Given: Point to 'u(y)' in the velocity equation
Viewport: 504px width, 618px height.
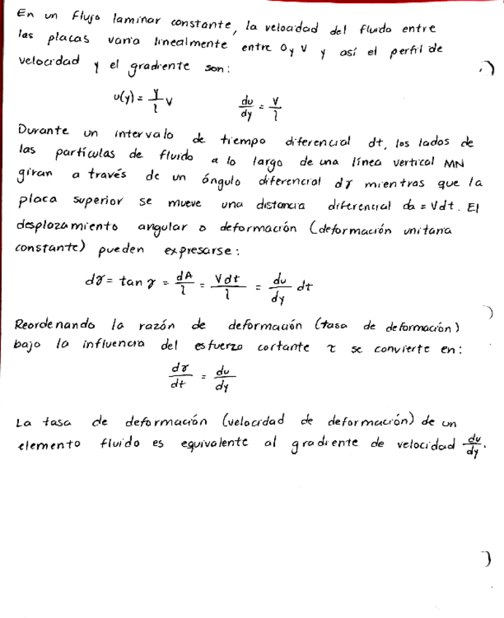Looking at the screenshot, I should [123, 98].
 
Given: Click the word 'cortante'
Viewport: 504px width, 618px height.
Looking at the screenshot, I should [284, 350].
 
